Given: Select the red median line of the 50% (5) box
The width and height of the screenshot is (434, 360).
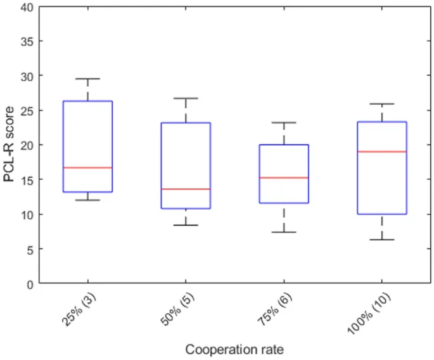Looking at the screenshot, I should (x=186, y=189).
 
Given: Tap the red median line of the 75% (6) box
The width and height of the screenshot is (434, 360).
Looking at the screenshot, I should (x=284, y=177).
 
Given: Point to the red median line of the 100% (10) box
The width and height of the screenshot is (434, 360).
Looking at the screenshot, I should (x=382, y=151).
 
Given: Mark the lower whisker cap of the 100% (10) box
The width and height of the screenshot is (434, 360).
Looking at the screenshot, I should (x=382, y=240).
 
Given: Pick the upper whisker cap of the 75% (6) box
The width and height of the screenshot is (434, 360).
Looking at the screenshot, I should (x=284, y=122).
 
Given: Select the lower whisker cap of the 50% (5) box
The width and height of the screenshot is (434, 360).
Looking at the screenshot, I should (x=186, y=225).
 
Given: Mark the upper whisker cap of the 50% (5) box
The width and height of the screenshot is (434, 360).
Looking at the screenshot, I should (x=186, y=98).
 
